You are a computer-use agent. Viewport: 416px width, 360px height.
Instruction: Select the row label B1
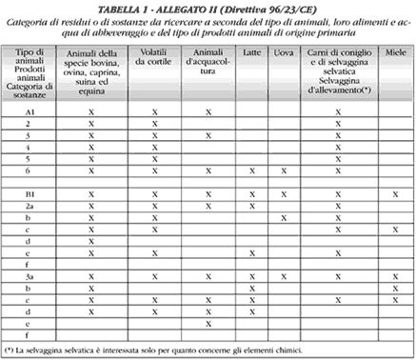click(30, 193)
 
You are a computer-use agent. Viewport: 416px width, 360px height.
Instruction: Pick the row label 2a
click(30, 206)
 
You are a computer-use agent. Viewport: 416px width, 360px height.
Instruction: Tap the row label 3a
click(30, 275)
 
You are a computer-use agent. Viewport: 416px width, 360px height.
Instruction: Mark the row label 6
click(30, 170)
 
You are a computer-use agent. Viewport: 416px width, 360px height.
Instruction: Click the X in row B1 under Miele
click(395, 194)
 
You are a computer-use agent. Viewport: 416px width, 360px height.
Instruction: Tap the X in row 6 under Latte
click(251, 171)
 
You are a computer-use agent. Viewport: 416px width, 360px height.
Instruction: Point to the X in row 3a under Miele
click(395, 276)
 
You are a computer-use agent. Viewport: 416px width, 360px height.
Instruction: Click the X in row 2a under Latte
click(251, 206)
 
